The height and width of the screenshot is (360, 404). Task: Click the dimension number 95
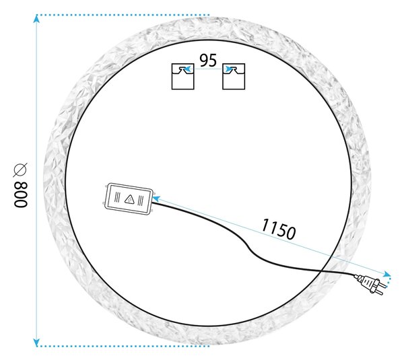click(x=208, y=61)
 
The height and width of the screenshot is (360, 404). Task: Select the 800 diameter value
click(x=20, y=194)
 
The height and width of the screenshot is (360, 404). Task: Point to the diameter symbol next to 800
click(x=20, y=170)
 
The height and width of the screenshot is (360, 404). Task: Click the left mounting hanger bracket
click(x=183, y=77)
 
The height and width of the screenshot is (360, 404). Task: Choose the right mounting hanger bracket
click(x=234, y=77)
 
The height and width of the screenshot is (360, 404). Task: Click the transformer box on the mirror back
click(x=129, y=199)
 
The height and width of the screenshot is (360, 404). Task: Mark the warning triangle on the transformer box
click(x=129, y=199)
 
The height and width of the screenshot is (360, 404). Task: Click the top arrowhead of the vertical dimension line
click(x=36, y=19)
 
